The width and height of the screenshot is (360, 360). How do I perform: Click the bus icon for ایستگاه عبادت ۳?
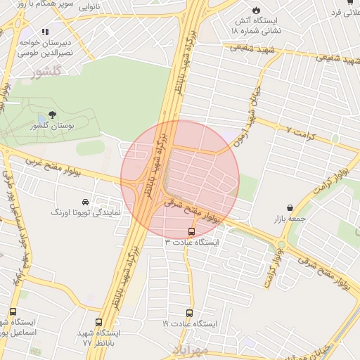pos(192,231)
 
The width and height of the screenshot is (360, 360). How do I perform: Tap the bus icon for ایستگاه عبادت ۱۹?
pos(189,313)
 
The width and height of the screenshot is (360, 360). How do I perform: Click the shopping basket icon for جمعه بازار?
pos(290,208)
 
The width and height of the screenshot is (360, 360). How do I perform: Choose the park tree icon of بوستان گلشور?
pos(51,115)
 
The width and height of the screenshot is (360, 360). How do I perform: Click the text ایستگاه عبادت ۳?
pos(192,242)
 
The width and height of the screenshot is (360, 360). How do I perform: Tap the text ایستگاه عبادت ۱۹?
pos(190,324)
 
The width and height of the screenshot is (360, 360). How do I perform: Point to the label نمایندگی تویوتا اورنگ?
pos(86,212)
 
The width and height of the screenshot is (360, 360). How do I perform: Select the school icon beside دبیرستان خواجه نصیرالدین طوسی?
pos(45,32)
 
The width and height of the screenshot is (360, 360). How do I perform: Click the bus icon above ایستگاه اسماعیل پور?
pos(13,311)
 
